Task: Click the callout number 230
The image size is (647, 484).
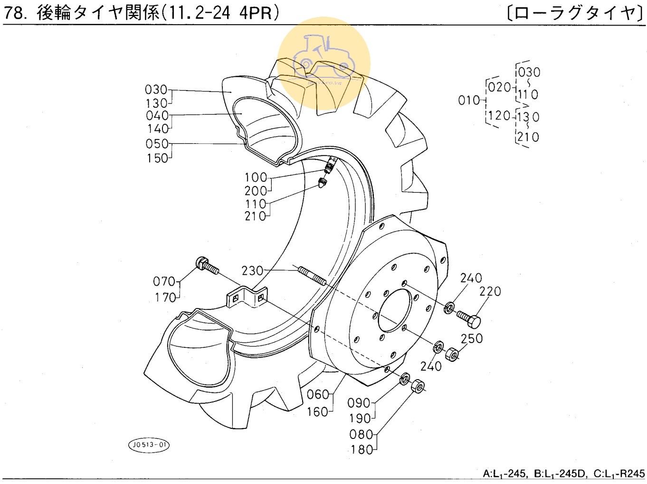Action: point(252,270)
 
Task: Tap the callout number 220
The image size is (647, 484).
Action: point(490,291)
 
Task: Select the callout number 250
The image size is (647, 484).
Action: point(472,339)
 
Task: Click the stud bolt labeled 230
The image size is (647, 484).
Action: point(312,276)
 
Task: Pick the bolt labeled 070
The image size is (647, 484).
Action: point(207,266)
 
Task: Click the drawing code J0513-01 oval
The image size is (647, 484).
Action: point(149,445)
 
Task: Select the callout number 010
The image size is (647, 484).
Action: point(469,101)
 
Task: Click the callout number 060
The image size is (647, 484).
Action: point(318,394)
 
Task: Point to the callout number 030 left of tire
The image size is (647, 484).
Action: point(156,90)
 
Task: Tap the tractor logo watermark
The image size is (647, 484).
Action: point(323,63)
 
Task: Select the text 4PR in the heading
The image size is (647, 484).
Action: point(255,13)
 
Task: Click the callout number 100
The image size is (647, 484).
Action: point(256,177)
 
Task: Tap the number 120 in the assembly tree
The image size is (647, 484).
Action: point(499,115)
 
